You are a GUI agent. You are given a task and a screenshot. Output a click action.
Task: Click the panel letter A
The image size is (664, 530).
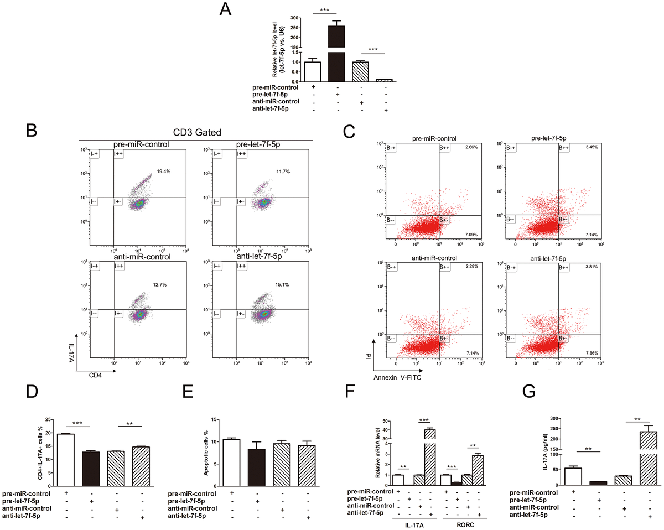click(x=226, y=9)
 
